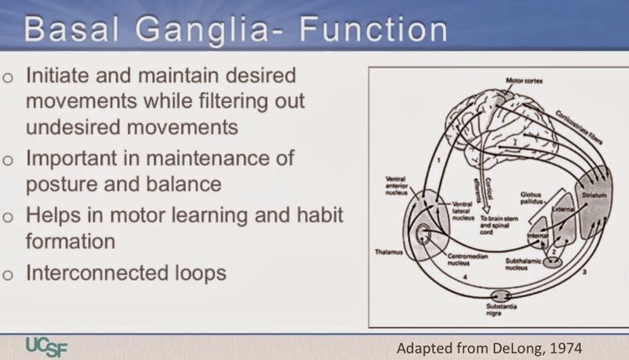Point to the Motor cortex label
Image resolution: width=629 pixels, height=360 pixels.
(x=524, y=81)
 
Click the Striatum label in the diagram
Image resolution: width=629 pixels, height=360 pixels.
(x=594, y=195)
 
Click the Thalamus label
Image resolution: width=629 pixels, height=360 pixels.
(x=390, y=251)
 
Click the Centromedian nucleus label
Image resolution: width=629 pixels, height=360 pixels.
(x=465, y=261)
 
